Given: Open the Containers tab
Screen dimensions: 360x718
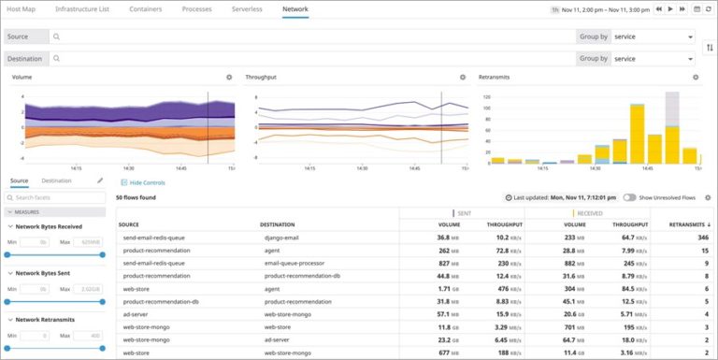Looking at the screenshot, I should (145, 8).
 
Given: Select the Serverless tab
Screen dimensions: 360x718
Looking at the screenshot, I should (247, 8).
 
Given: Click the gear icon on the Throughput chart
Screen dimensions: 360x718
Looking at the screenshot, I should (462, 78).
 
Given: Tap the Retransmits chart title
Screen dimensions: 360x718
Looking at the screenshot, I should (494, 78).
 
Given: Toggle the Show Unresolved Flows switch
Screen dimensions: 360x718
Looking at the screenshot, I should (630, 198).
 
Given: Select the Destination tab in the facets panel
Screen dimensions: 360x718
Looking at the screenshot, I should (56, 180).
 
